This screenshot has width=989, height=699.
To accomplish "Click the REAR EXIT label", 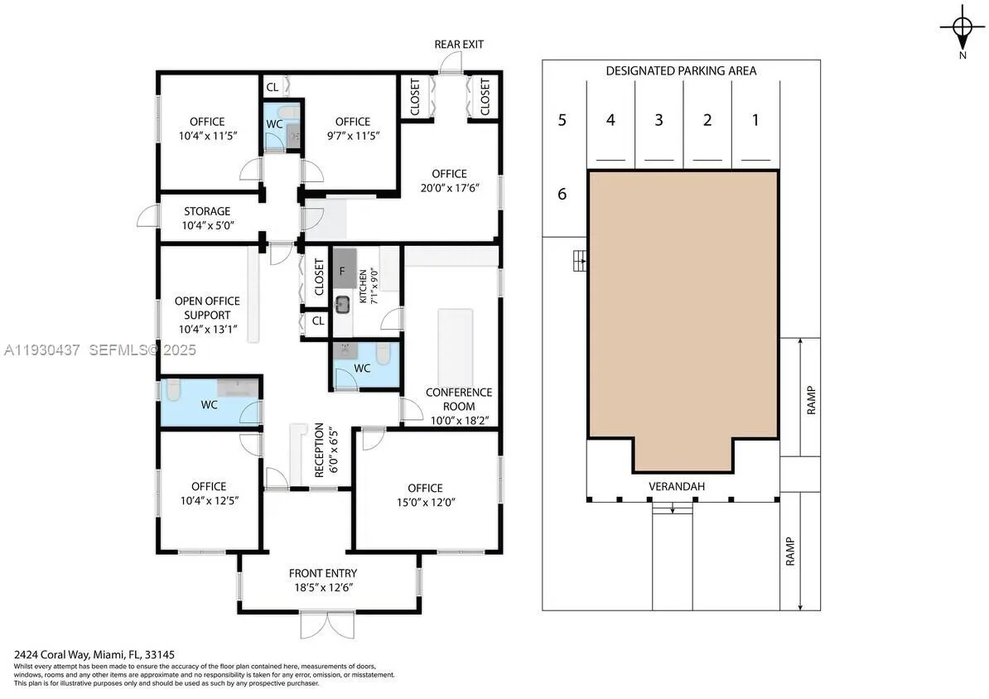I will pos(459,44).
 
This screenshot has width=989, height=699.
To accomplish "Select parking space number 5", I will pos(562,120).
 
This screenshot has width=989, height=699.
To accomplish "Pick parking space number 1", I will pos(755,120).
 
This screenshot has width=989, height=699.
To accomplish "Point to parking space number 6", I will pos(562,195).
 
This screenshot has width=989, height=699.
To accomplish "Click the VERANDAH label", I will pos(677,486).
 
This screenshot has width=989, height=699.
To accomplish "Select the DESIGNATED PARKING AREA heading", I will pos(681,71).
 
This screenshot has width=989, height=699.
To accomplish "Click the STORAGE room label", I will pos(207,212).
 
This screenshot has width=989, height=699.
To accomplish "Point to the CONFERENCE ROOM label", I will pos(458,399).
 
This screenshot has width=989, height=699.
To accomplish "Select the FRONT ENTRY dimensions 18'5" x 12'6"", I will pos(323,587).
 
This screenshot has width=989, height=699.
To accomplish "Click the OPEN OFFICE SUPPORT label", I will pos(207,308).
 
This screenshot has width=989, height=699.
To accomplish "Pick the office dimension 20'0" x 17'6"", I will pos(449,188).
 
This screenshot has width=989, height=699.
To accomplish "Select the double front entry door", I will pos(328,624).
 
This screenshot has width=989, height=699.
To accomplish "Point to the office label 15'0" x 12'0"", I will pos(425,502).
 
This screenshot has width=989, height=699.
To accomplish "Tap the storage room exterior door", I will pos(147,216).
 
